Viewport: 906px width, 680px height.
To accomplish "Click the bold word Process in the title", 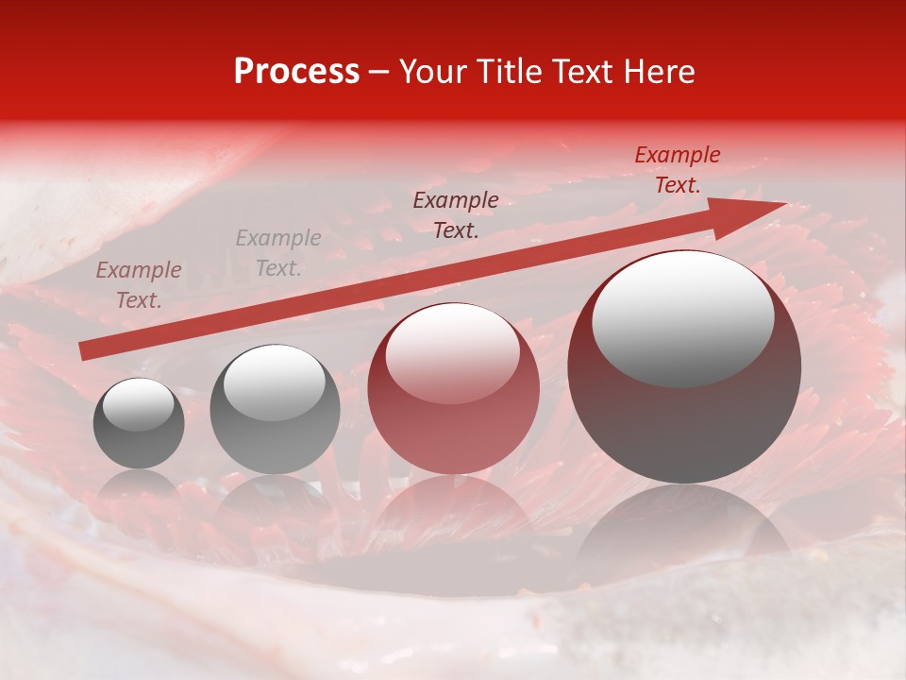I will click(x=296, y=72).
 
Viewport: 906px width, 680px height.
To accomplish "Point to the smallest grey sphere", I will click(x=139, y=423).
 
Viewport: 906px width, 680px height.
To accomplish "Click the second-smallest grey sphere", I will click(x=275, y=410).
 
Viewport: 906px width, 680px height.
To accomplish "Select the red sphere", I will click(x=453, y=388).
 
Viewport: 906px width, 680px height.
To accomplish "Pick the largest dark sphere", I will click(x=684, y=366).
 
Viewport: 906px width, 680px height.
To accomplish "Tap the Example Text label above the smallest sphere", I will click(x=139, y=285).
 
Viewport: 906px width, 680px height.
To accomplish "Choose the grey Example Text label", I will click(x=278, y=253).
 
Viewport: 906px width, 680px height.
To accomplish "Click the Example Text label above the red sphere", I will click(x=456, y=215).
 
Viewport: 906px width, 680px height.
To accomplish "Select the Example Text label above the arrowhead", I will click(x=678, y=170).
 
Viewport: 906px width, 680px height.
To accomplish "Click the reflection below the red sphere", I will click(x=453, y=510).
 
